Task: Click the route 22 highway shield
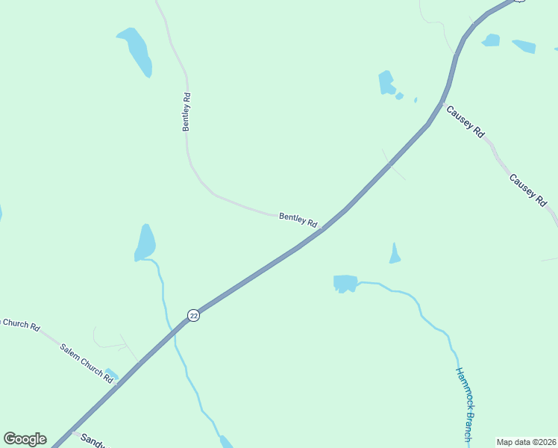pyautogui.click(x=194, y=315)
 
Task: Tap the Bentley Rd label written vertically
pyautogui.click(x=187, y=112)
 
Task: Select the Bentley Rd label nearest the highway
pyautogui.click(x=298, y=220)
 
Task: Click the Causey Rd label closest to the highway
pyautogui.click(x=465, y=121)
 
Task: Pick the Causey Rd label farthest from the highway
pyautogui.click(x=528, y=190)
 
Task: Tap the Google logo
pyautogui.click(x=25, y=439)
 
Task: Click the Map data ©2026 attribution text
pyautogui.click(x=526, y=442)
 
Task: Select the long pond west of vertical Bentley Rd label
pyautogui.click(x=137, y=51)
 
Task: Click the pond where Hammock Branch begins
pyautogui.click(x=345, y=283)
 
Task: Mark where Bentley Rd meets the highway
pyautogui.click(x=322, y=229)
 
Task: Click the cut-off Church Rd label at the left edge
pyautogui.click(x=19, y=324)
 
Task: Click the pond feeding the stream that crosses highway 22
pyautogui.click(x=145, y=242)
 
